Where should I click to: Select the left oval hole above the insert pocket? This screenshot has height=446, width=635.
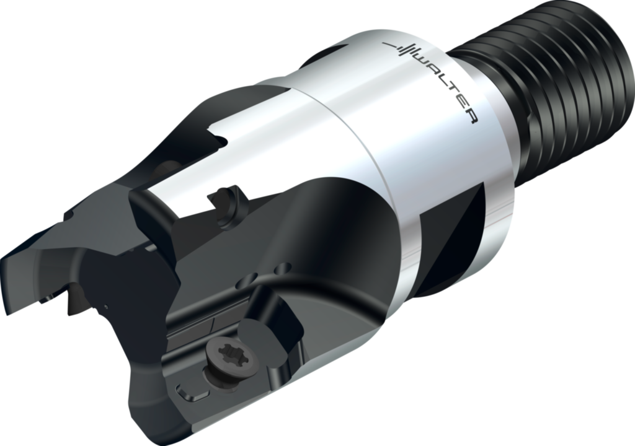[254, 277]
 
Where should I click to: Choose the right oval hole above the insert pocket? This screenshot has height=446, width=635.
[282, 268]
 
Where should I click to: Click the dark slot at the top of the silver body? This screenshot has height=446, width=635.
[329, 53]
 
